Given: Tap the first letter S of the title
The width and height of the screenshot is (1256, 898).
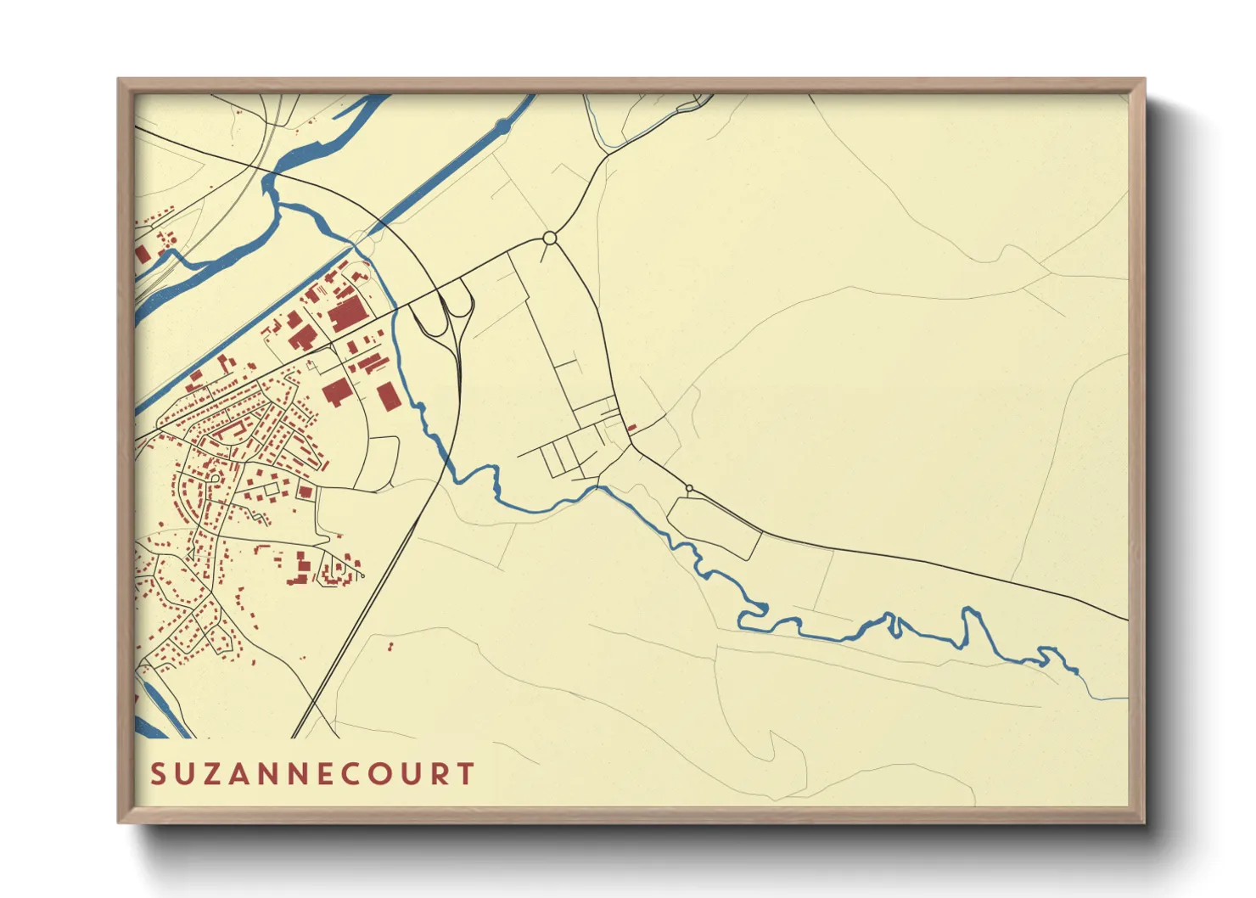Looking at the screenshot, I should tap(158, 774).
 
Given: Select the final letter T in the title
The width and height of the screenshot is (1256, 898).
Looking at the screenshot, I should tap(465, 774).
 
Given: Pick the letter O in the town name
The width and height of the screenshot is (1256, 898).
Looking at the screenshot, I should tap(378, 774).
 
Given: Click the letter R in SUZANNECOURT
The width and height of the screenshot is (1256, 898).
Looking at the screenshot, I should tap(438, 774).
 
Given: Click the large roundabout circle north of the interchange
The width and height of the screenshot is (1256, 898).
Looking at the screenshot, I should tap(549, 238).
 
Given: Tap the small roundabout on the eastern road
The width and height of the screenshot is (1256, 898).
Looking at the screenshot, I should tap(689, 489).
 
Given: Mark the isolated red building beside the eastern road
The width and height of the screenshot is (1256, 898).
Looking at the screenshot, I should tap(632, 427).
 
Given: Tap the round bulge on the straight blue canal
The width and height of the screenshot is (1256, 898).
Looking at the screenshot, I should tap(502, 126).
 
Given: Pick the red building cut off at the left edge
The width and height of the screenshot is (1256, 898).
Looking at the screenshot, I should tap(142, 253).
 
